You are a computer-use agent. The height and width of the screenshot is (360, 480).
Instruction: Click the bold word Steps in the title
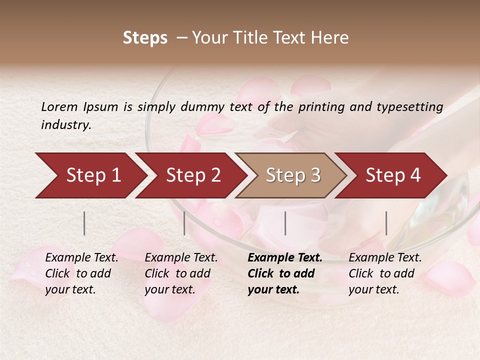click(145, 38)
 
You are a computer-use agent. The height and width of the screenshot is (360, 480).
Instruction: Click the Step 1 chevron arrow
click(90, 175)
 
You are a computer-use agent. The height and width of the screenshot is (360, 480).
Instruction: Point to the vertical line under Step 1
click(84, 223)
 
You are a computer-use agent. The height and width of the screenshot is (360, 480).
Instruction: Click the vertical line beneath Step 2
click(184, 223)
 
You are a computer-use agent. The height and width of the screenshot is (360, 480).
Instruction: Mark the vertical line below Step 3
click(285, 223)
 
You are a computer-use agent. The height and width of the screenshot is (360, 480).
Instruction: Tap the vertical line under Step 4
click(386, 223)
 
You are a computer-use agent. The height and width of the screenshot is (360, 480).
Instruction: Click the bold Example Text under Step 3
click(285, 273)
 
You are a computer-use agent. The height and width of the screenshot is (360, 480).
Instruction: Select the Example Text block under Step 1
click(81, 273)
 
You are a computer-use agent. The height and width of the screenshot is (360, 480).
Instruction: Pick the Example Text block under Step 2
click(181, 273)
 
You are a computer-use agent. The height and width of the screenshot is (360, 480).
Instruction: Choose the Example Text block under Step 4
click(385, 273)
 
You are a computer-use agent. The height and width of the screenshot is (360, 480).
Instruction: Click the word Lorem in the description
click(59, 106)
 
